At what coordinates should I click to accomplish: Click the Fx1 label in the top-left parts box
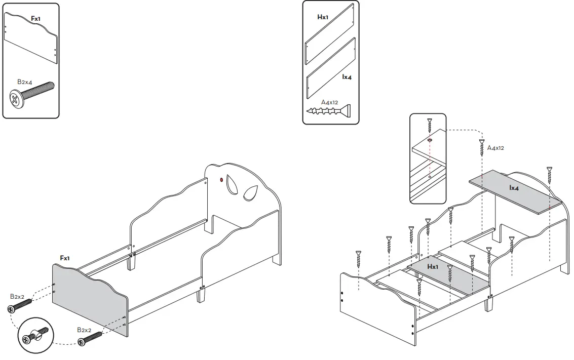pyautogui.click(x=36, y=18)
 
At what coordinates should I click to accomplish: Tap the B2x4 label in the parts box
pyautogui.click(x=25, y=81)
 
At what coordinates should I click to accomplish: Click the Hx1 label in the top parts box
pyautogui.click(x=323, y=17)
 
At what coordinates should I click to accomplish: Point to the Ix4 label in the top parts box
pyautogui.click(x=347, y=77)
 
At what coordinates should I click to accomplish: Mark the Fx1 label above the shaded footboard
pyautogui.click(x=65, y=258)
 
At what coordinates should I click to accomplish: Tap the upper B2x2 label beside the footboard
pyautogui.click(x=17, y=296)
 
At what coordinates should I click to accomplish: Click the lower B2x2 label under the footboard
pyautogui.click(x=84, y=330)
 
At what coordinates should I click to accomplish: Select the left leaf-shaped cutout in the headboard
pyautogui.click(x=232, y=184)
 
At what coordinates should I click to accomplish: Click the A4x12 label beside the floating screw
pyautogui.click(x=495, y=148)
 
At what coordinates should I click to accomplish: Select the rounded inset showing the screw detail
pyautogui.click(x=428, y=158)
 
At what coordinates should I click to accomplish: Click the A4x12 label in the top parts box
pyautogui.click(x=329, y=102)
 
